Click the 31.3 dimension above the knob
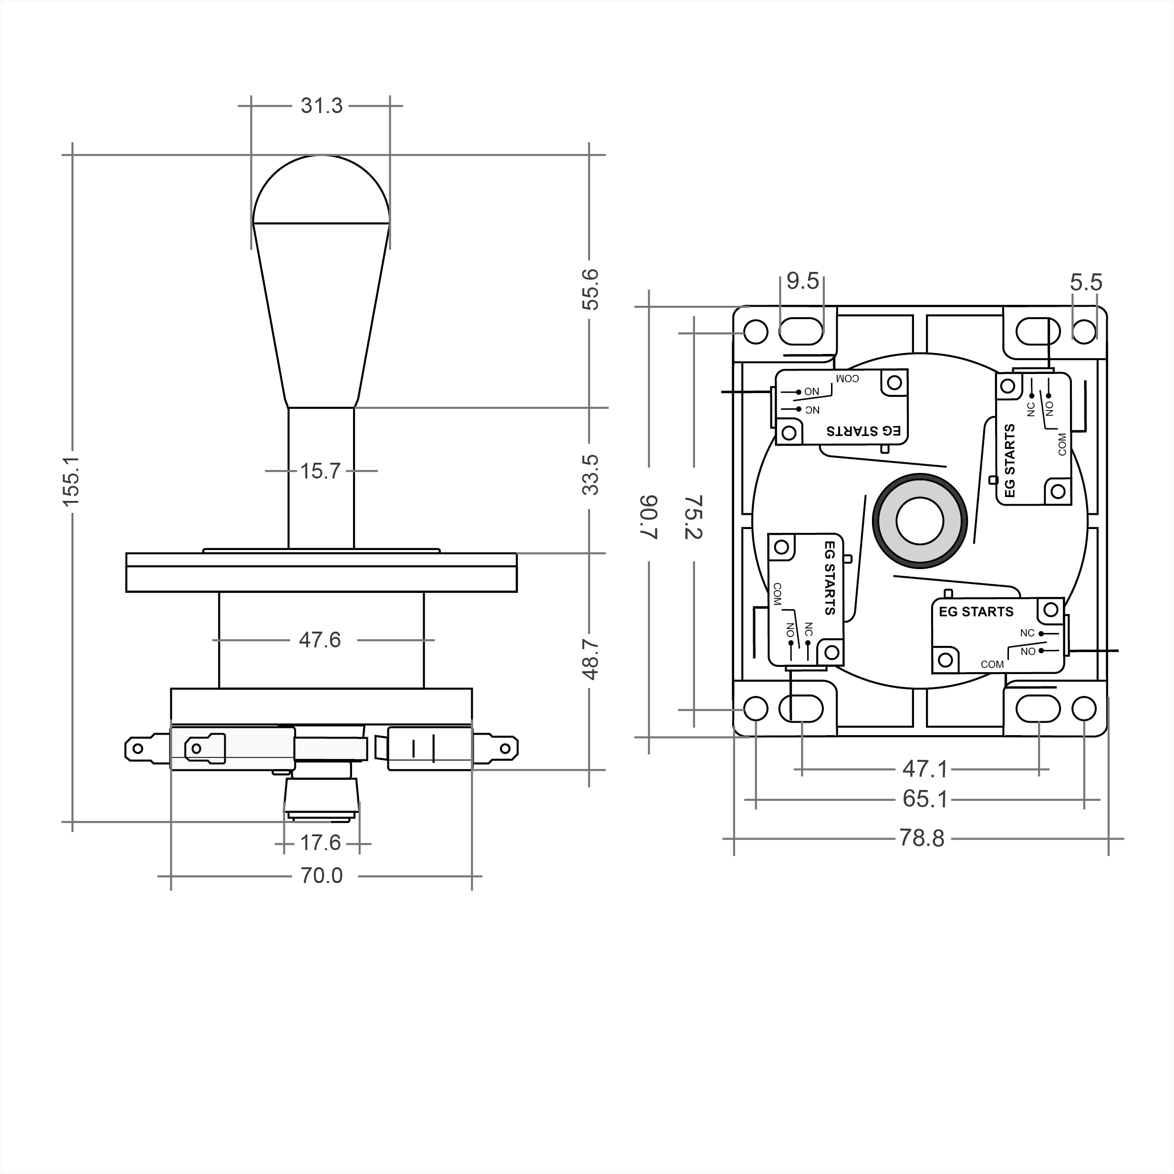[x=321, y=106]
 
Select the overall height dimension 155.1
[x=71, y=481]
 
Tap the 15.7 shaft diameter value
[x=320, y=471]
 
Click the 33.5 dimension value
[x=590, y=475]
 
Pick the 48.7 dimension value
[x=590, y=659]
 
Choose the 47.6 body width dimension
[x=320, y=640]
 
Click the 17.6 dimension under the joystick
[x=320, y=843]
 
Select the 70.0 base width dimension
[x=322, y=876]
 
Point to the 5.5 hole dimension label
[x=1086, y=282]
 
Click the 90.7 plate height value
[x=649, y=517]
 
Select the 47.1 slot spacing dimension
[x=924, y=770]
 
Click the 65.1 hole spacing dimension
[x=924, y=799]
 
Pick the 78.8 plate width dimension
[x=922, y=839]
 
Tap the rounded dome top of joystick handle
[x=321, y=188]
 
